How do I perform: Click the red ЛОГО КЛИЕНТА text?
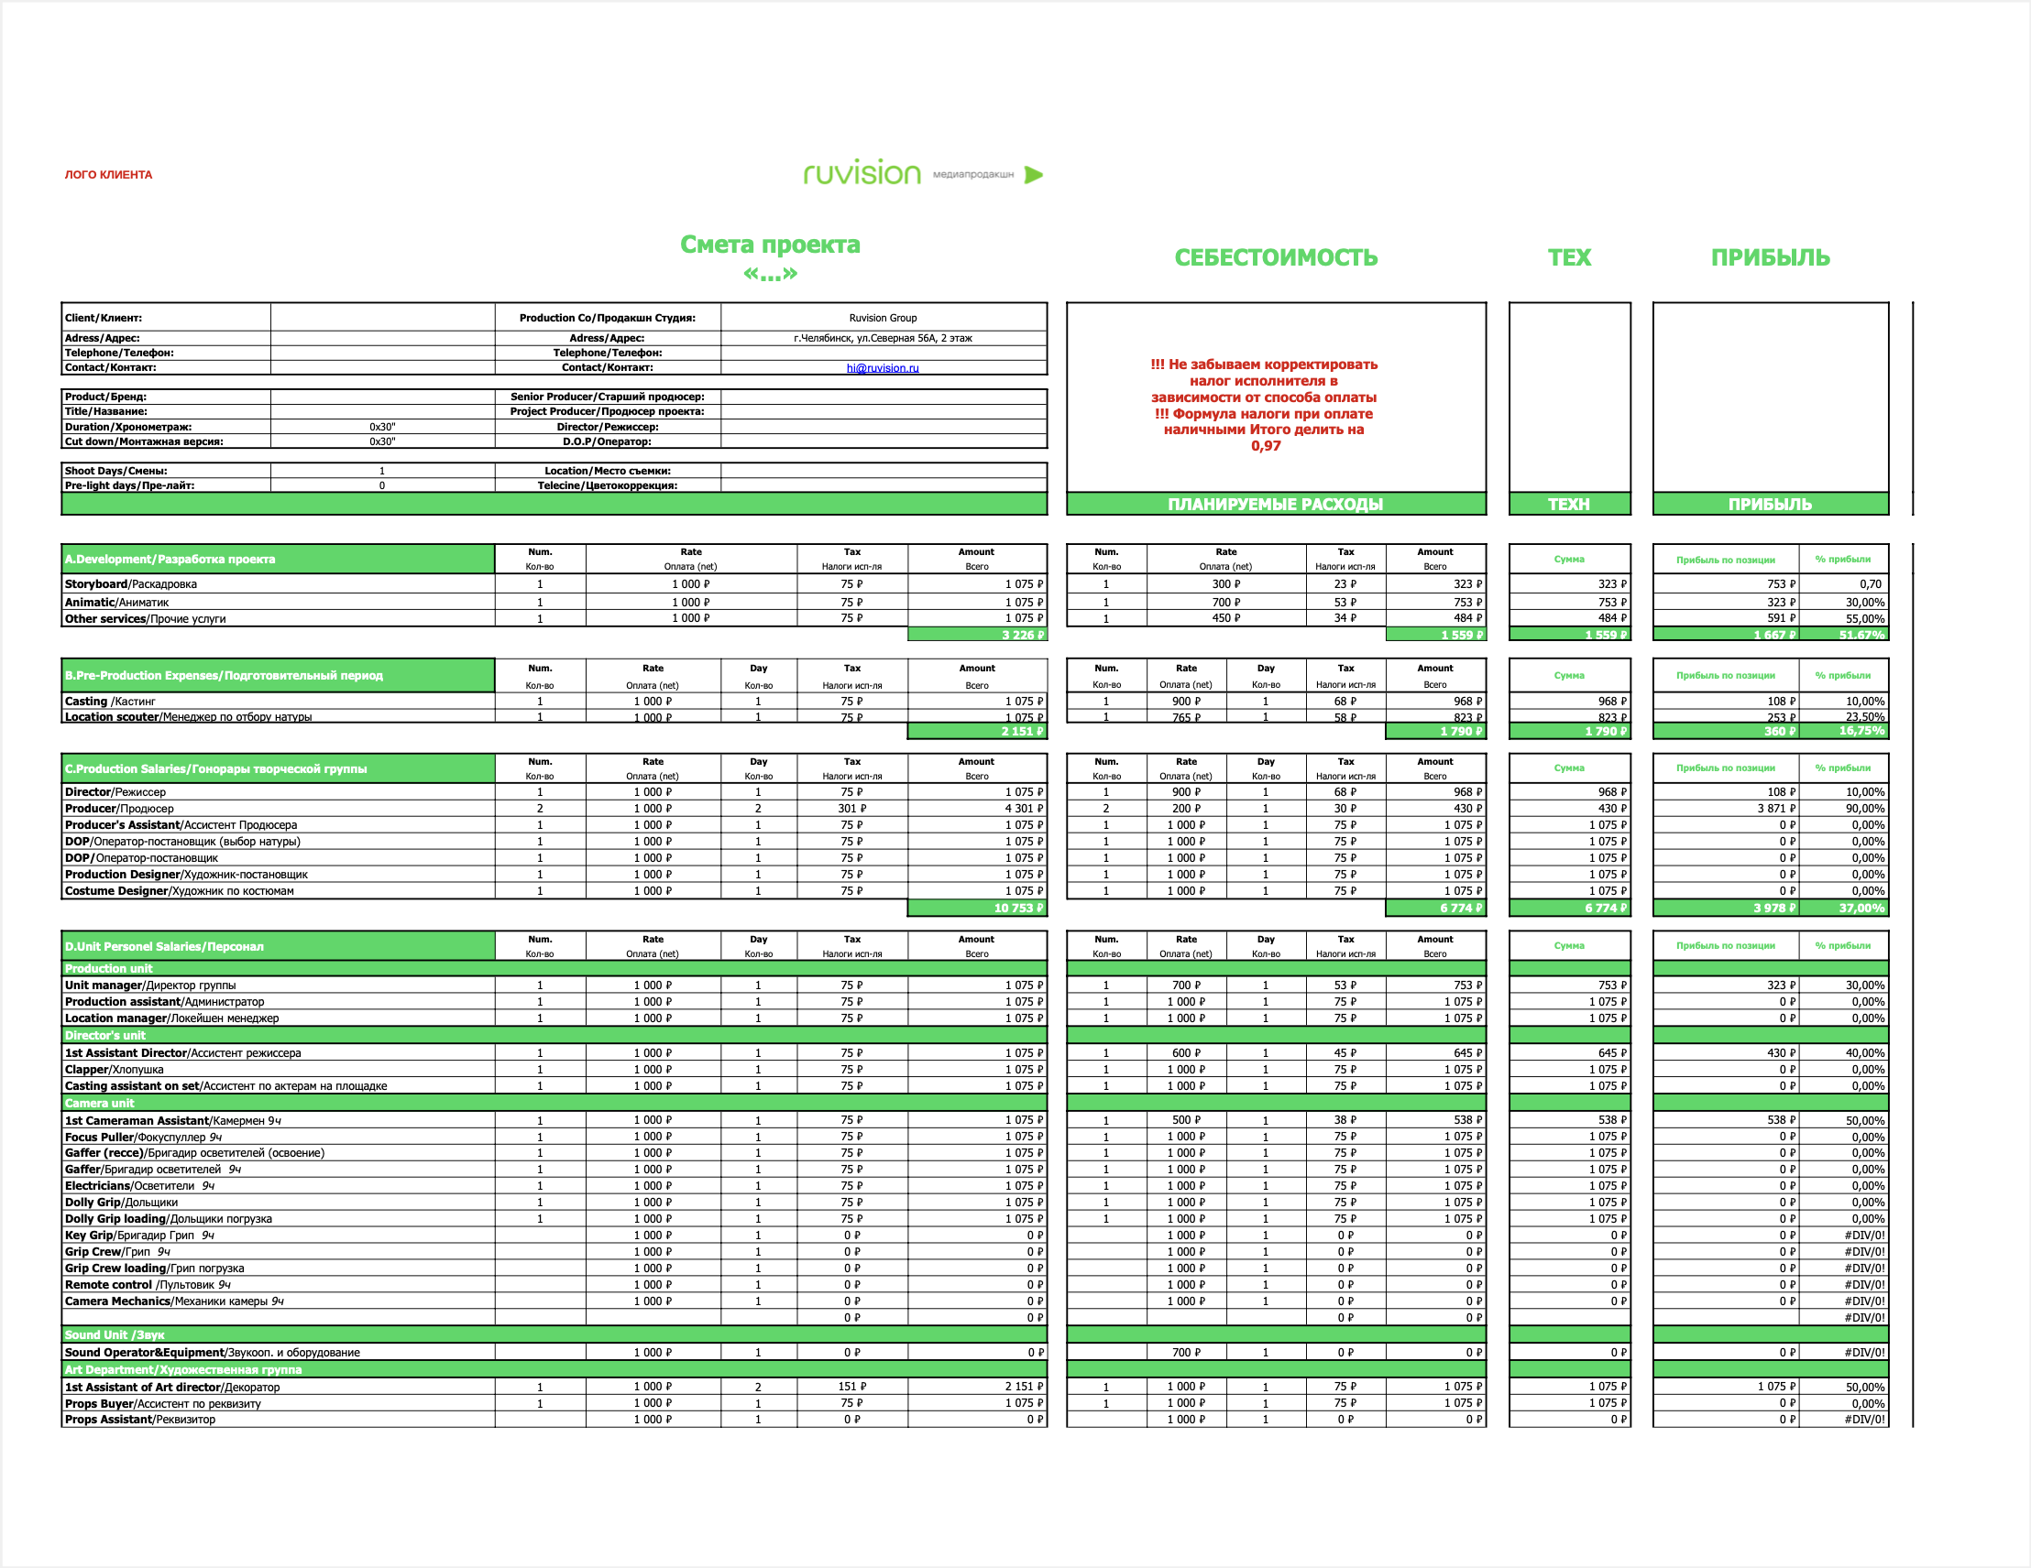[108, 175]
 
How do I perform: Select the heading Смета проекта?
[770, 245]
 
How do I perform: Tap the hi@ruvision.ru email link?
[883, 368]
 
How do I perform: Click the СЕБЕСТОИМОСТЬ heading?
[1276, 257]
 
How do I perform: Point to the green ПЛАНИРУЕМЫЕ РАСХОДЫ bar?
[1275, 504]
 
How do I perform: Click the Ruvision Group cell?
[883, 318]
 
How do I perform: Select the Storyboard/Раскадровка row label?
[131, 584]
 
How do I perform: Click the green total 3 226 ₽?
[1022, 635]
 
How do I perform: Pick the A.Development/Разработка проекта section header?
[170, 560]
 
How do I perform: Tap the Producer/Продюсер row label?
[119, 809]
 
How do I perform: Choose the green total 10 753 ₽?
[1018, 908]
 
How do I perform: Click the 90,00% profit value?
[1864, 809]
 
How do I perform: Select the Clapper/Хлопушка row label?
[115, 1070]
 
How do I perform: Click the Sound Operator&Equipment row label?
[212, 1353]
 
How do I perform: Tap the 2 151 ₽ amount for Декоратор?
[1024, 1387]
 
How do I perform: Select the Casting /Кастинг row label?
[110, 702]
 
